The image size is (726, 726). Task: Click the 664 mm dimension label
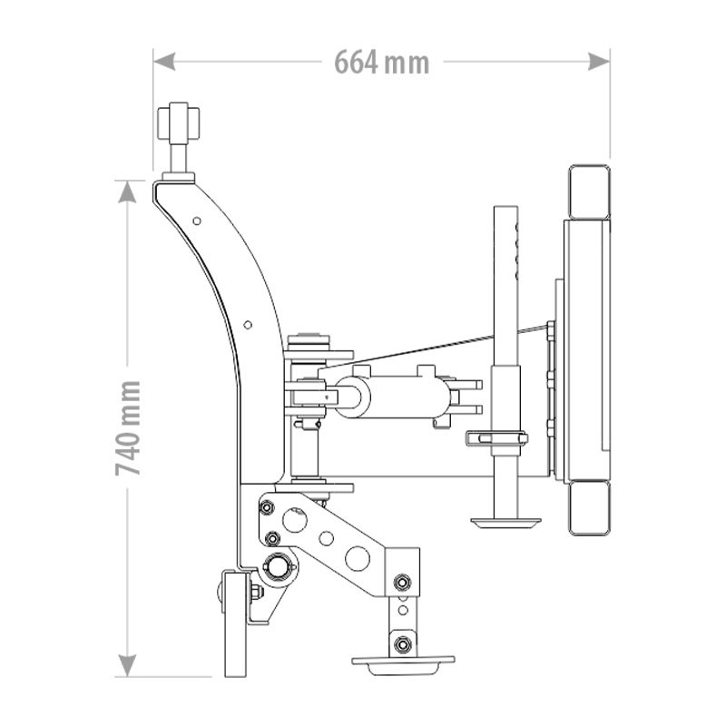click(x=382, y=62)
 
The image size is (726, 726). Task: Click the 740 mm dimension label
click(x=128, y=428)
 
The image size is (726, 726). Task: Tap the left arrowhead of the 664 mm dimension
click(x=164, y=61)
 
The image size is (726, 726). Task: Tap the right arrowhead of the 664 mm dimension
click(x=599, y=61)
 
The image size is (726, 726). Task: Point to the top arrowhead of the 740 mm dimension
click(x=127, y=191)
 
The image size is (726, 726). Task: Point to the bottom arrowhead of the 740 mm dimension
click(x=127, y=666)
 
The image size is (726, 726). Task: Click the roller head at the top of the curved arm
click(x=178, y=123)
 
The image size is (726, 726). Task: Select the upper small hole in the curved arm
click(x=197, y=221)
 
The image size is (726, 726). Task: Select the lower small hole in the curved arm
click(x=248, y=325)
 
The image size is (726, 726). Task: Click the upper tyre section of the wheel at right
click(x=589, y=191)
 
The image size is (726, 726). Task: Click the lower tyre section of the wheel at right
click(x=589, y=508)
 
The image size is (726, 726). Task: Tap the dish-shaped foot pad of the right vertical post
click(x=505, y=524)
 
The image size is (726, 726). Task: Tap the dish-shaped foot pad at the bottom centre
click(x=403, y=664)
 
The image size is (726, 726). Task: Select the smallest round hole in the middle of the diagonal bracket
click(x=327, y=538)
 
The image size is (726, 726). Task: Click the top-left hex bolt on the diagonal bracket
click(x=267, y=507)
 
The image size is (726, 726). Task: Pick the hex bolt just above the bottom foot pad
click(x=403, y=643)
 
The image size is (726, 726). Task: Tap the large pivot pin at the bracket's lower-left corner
click(x=277, y=565)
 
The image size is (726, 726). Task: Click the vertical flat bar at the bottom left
click(x=236, y=623)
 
